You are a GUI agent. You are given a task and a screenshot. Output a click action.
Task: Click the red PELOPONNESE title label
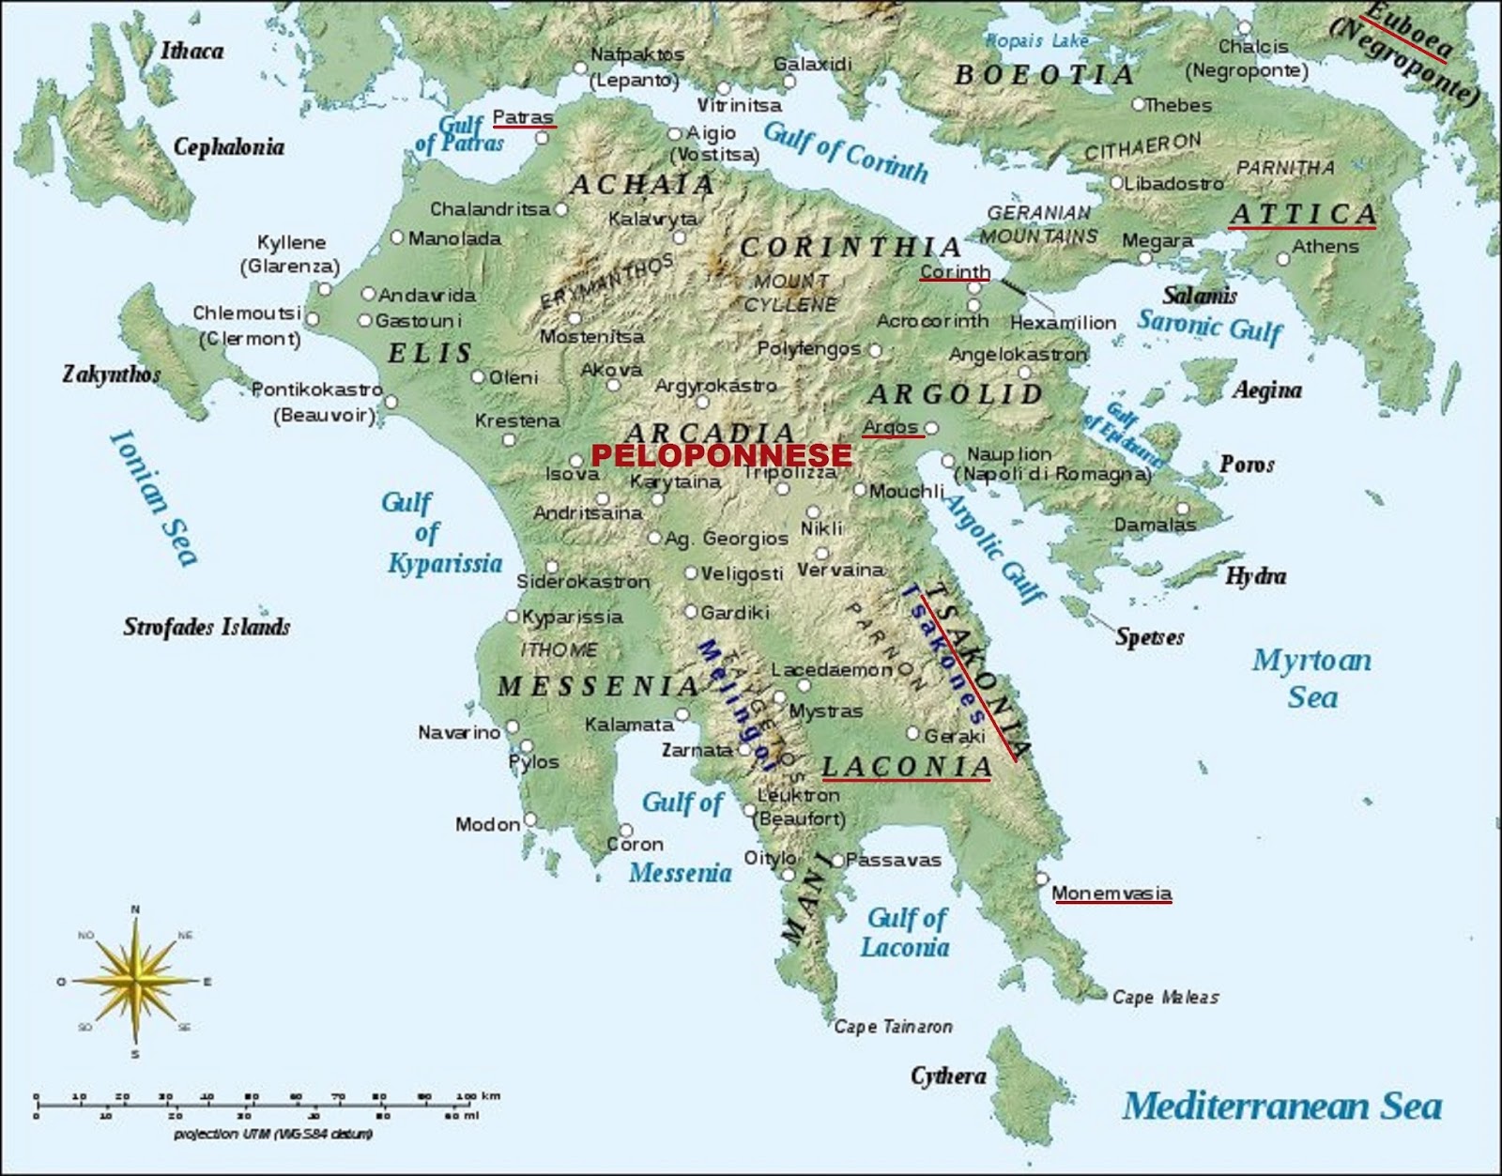pos(721,456)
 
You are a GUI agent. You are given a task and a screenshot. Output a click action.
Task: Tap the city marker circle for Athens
pos(1283,259)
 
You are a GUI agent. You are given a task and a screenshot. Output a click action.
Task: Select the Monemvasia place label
pos(1111,893)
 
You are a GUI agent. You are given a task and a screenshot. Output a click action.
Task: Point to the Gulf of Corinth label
pos(845,152)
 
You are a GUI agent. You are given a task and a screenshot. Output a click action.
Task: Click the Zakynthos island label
pos(111,374)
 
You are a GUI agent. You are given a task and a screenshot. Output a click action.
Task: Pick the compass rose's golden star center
pos(137,982)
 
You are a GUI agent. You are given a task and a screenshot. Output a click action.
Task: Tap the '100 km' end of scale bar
pos(478,1096)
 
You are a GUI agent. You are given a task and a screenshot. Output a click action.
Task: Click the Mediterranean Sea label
pos(1281,1107)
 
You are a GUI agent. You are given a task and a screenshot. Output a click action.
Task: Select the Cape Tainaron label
pos(893,1027)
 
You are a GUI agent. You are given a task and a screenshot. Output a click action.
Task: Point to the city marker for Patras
pos(542,139)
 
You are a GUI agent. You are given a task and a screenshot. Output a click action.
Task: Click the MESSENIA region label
pos(598,686)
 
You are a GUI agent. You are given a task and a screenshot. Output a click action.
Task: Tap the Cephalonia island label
pos(228,146)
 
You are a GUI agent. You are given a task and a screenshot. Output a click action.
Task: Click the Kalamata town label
pos(629,725)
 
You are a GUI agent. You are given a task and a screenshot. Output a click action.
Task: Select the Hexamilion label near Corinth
pos(1063,322)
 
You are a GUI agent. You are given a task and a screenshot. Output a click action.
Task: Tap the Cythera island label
pos(948,1076)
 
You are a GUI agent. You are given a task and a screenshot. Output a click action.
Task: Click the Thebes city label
pos(1178,105)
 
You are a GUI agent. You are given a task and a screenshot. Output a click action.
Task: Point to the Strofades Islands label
pos(207,627)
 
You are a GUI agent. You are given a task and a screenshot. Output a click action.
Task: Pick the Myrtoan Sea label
pos(1311,678)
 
